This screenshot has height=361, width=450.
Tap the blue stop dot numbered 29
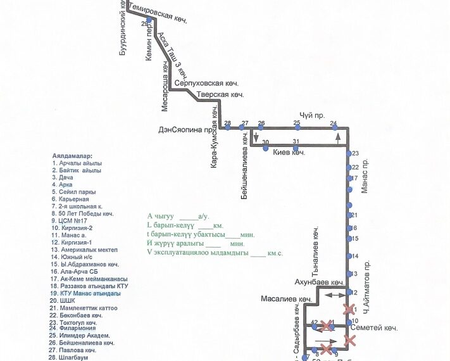(x=148, y=20)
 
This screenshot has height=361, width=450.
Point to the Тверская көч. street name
(x=220, y=95)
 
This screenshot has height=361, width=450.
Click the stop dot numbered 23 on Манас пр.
(x=348, y=154)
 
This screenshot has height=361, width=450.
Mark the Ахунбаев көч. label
(x=319, y=281)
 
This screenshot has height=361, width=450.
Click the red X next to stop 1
(x=349, y=309)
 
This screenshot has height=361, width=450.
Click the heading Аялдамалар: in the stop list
(x=73, y=155)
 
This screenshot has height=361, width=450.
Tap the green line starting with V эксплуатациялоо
(x=215, y=253)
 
